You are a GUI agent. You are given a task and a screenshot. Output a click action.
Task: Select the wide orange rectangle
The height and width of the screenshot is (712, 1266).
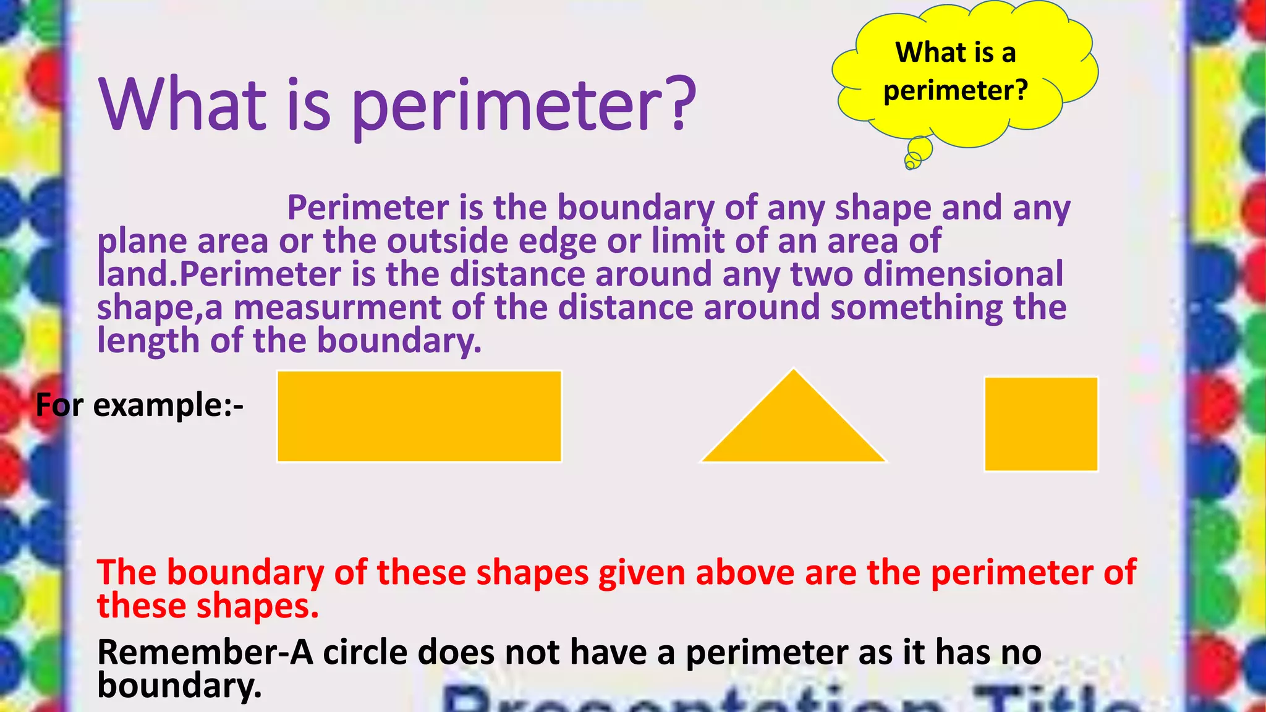[419, 416]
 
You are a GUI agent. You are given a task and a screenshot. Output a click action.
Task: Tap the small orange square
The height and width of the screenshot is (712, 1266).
[1041, 424]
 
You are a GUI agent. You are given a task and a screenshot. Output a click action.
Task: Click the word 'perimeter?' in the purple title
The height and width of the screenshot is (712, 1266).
[524, 106]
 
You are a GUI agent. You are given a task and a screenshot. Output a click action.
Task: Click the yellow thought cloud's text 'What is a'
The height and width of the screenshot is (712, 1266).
[956, 53]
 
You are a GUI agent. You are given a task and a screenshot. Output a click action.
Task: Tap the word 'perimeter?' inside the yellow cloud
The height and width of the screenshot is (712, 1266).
[956, 91]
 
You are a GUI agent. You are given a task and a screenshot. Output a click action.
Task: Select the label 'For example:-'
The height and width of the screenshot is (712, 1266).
[140, 405]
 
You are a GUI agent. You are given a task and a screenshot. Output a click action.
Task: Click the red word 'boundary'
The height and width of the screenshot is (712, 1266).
[245, 572]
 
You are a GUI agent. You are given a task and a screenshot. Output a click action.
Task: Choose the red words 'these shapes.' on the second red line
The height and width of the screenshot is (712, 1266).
[208, 606]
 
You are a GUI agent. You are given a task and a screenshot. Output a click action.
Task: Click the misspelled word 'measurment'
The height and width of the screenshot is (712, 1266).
[337, 308]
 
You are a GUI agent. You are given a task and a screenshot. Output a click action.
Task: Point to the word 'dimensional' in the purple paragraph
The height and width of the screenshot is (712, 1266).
[963, 274]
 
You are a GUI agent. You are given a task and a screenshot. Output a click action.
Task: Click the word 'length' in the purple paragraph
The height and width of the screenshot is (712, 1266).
[148, 341]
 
